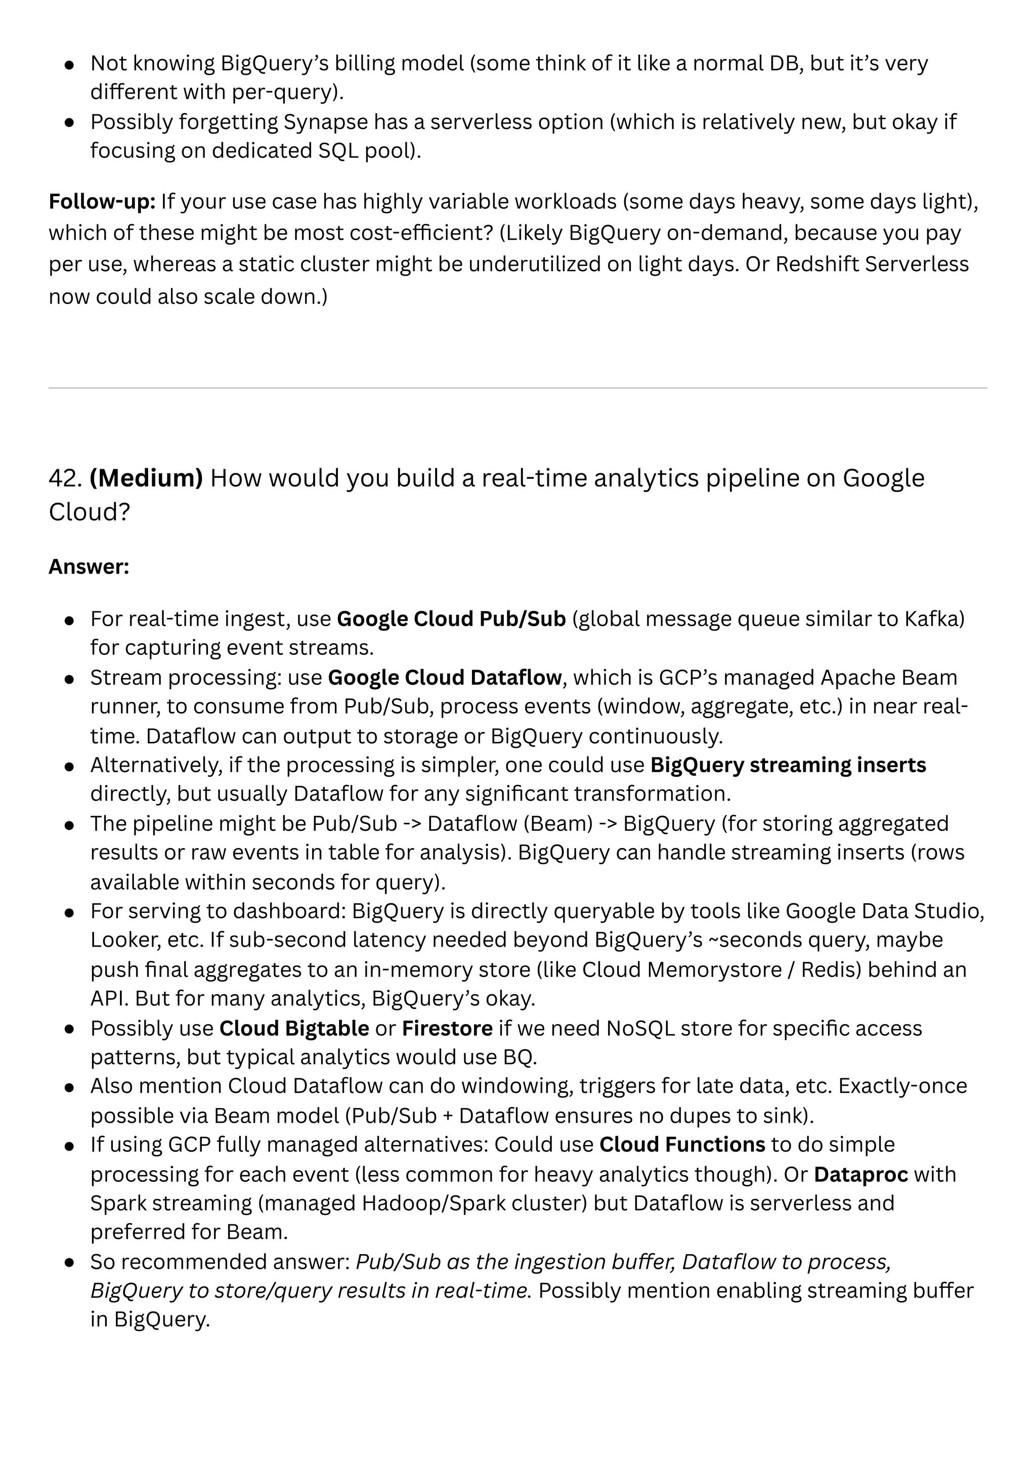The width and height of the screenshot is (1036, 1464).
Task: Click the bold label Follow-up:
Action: pos(102,201)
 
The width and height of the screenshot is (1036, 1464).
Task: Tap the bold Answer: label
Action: pos(89,566)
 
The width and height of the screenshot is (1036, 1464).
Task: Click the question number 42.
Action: pos(65,478)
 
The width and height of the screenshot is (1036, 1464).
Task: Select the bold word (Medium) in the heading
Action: pos(146,478)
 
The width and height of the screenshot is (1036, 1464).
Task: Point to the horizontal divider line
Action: pos(517,388)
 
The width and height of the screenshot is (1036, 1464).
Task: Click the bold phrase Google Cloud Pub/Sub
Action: pos(451,618)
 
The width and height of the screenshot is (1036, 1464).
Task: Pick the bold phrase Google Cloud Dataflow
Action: pos(445,677)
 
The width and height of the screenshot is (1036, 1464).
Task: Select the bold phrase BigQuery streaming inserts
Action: pos(788,765)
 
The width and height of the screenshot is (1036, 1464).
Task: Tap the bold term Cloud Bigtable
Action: pos(294,1028)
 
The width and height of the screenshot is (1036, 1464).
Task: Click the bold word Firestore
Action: pos(447,1028)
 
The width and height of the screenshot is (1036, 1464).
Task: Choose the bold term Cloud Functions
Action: pos(682,1144)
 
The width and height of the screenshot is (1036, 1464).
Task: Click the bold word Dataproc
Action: pos(860,1174)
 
